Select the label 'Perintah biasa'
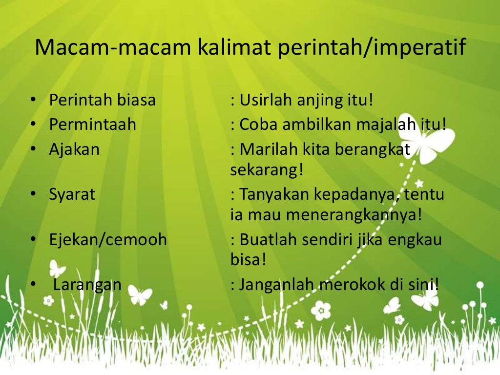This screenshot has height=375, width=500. click(102, 101)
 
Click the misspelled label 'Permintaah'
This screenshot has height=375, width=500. click(92, 125)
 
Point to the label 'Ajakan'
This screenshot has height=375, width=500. click(74, 148)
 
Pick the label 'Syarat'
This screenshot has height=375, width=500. click(72, 194)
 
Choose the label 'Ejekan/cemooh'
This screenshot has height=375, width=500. click(107, 240)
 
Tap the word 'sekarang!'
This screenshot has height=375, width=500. click(267, 170)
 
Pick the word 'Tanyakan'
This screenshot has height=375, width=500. click(275, 194)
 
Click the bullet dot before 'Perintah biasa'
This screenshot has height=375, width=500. click(33, 101)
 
